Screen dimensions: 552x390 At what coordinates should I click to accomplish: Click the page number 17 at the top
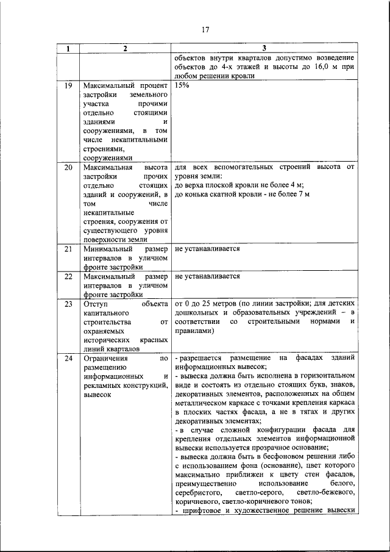205,29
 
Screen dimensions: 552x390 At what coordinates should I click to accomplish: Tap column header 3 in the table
264,49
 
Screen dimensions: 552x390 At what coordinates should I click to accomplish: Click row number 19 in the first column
69,87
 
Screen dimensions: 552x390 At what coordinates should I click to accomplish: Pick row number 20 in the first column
69,167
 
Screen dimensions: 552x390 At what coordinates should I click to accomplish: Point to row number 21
69,249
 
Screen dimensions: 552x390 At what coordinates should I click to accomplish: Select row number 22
69,276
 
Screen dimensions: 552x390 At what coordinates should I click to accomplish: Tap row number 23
69,303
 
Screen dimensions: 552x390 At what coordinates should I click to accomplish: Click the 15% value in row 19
182,87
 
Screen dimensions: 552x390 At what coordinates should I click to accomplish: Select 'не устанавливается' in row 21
207,249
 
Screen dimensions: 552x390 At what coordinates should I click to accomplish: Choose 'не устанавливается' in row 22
207,276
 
